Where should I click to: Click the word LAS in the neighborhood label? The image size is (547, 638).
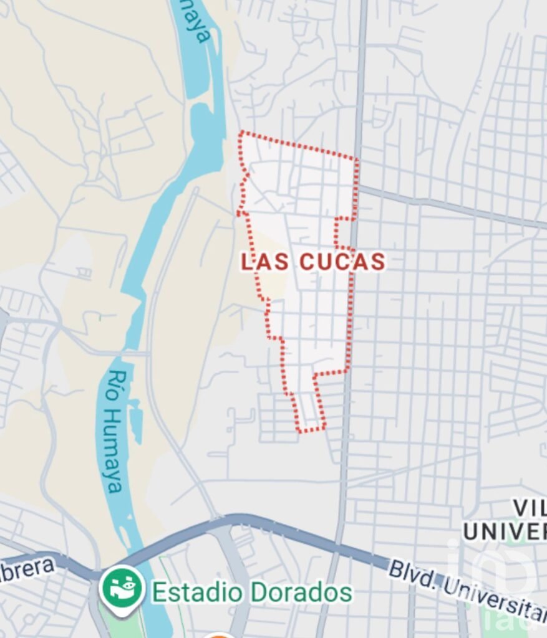tap(265, 262)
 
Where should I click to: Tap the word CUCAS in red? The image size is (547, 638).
tap(342, 262)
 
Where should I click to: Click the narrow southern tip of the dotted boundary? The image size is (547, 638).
tap(311, 429)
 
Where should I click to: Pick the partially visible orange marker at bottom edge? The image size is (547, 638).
tap(218, 635)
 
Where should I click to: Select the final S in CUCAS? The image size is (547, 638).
tap(377, 262)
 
